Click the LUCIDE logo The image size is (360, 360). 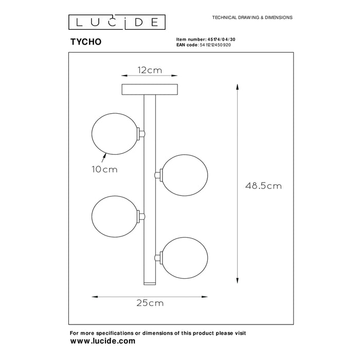pyautogui.click(x=117, y=22)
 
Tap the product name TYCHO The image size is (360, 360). pyautogui.click(x=86, y=42)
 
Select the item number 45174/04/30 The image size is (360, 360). pyautogui.click(x=221, y=40)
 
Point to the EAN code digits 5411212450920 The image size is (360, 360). pyautogui.click(x=215, y=45)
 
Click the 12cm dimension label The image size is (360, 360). pyautogui.click(x=150, y=70)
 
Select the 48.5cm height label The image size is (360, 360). pyautogui.click(x=263, y=186)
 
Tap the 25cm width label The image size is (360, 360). pyautogui.click(x=150, y=303)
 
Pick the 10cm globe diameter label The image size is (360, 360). pyautogui.click(x=105, y=169)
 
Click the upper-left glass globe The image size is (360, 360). pyautogui.click(x=115, y=134)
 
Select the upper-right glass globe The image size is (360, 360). pyautogui.click(x=185, y=175)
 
